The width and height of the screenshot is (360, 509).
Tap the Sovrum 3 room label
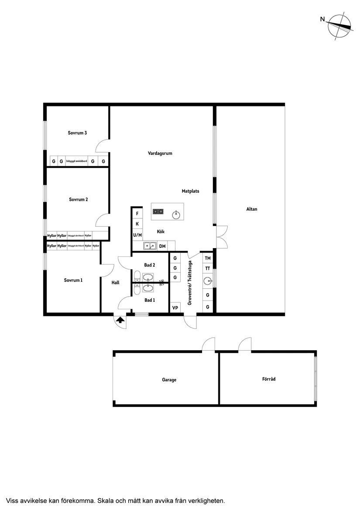(77, 133)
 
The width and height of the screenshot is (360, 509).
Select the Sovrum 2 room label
(78, 199)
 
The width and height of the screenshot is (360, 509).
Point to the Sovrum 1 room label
(73, 280)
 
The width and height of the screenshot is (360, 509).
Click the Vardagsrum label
(160, 153)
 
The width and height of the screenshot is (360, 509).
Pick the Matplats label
(191, 191)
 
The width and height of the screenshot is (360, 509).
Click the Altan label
(252, 209)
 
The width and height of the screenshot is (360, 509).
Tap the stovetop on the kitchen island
(158, 212)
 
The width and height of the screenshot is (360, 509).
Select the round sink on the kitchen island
(176, 214)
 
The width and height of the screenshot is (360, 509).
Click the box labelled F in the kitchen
(137, 214)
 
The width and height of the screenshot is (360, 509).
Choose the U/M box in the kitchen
(137, 235)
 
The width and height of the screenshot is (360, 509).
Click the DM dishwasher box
(162, 246)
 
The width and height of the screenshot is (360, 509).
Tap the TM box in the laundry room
(208, 258)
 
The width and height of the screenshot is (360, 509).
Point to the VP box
(175, 307)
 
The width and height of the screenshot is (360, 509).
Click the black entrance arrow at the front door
(120, 321)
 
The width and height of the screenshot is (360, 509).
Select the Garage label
(169, 380)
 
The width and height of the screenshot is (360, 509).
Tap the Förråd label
(269, 379)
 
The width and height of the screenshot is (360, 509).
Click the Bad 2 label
(150, 265)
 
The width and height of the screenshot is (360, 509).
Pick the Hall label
(115, 283)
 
